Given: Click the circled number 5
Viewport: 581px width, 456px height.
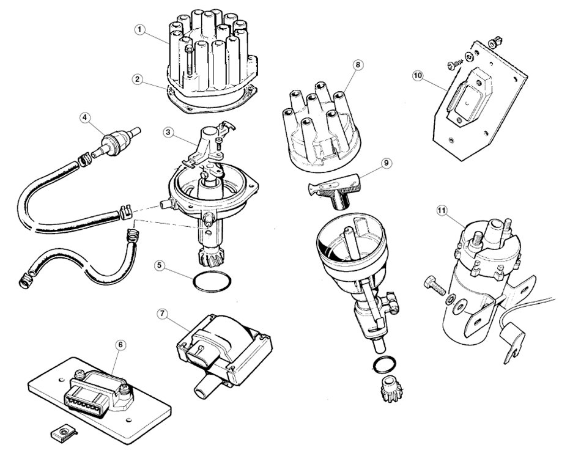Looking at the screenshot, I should [x=160, y=267].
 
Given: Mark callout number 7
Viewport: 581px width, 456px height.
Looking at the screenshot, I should [x=162, y=313].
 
